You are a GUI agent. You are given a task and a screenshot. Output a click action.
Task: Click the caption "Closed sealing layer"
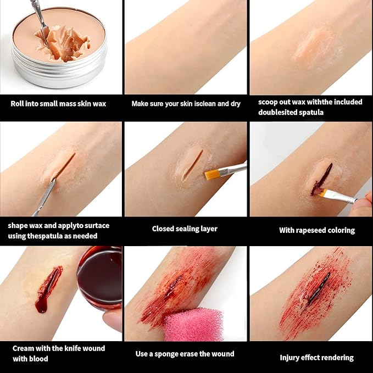point(185,229)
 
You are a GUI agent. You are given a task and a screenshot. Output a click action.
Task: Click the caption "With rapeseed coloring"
point(317,230)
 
